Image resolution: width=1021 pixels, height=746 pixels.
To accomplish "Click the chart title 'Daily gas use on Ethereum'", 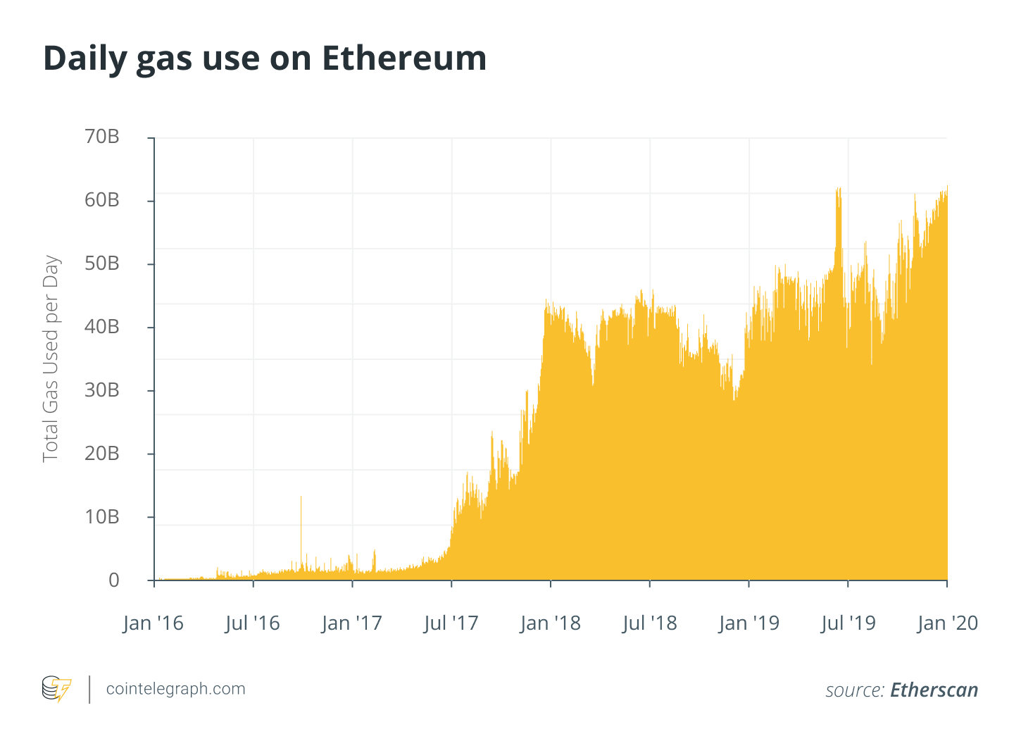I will click(265, 58).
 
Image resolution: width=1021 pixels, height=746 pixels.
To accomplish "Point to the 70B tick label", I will click(102, 137).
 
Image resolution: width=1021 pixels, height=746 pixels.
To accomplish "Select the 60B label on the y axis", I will click(102, 200).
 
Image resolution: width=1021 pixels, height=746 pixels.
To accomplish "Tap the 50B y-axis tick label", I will click(102, 263).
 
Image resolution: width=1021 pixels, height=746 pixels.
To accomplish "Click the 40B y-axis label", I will click(102, 327).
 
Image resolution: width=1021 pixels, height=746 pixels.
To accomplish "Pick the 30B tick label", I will click(102, 390).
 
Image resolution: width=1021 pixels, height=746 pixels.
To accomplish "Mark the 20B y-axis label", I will click(102, 454).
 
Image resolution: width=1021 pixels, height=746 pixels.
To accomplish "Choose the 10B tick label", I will click(102, 517).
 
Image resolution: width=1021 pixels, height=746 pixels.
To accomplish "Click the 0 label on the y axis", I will click(113, 580).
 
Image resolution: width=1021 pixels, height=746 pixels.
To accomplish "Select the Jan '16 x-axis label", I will click(153, 623).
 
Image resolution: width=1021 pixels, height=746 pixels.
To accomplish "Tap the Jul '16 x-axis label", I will click(253, 623).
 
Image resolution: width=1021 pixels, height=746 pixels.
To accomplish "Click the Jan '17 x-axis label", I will click(351, 623).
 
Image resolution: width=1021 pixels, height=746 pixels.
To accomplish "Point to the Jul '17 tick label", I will click(451, 623).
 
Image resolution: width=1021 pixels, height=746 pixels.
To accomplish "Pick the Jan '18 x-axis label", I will click(550, 623).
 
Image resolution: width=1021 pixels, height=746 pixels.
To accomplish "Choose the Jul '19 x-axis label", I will click(848, 623).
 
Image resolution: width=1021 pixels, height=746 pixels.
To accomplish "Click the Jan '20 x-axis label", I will click(948, 623).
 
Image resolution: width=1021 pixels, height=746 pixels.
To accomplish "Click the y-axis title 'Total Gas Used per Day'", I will click(51, 359).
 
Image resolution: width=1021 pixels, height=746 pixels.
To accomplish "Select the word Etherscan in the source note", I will click(934, 690).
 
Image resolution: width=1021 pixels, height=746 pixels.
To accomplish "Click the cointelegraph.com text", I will click(175, 689).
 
